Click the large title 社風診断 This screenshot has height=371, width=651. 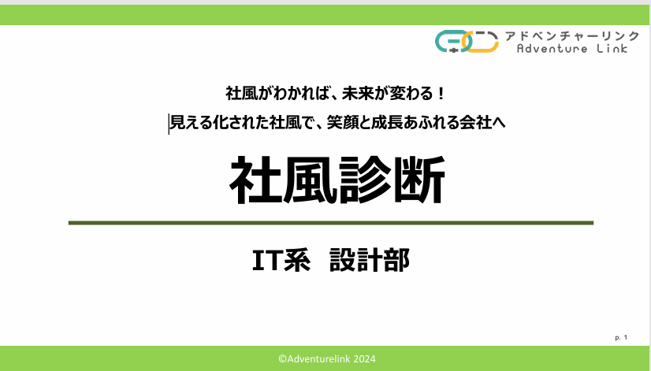click(337, 180)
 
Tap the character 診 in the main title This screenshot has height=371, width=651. click(364, 180)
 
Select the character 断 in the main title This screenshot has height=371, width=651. click(419, 180)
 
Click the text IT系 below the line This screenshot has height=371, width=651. click(281, 260)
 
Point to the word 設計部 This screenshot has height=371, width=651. click(370, 260)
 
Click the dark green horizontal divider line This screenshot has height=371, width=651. click(331, 223)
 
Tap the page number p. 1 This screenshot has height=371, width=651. click(621, 337)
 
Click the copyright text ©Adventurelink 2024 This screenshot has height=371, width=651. click(327, 359)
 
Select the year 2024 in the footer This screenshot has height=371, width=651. click(365, 359)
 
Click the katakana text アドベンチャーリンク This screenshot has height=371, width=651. click(572, 36)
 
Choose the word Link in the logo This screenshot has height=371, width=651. click(612, 49)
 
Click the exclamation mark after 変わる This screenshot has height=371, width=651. click(441, 94)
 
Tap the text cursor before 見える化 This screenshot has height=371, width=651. click(169, 124)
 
